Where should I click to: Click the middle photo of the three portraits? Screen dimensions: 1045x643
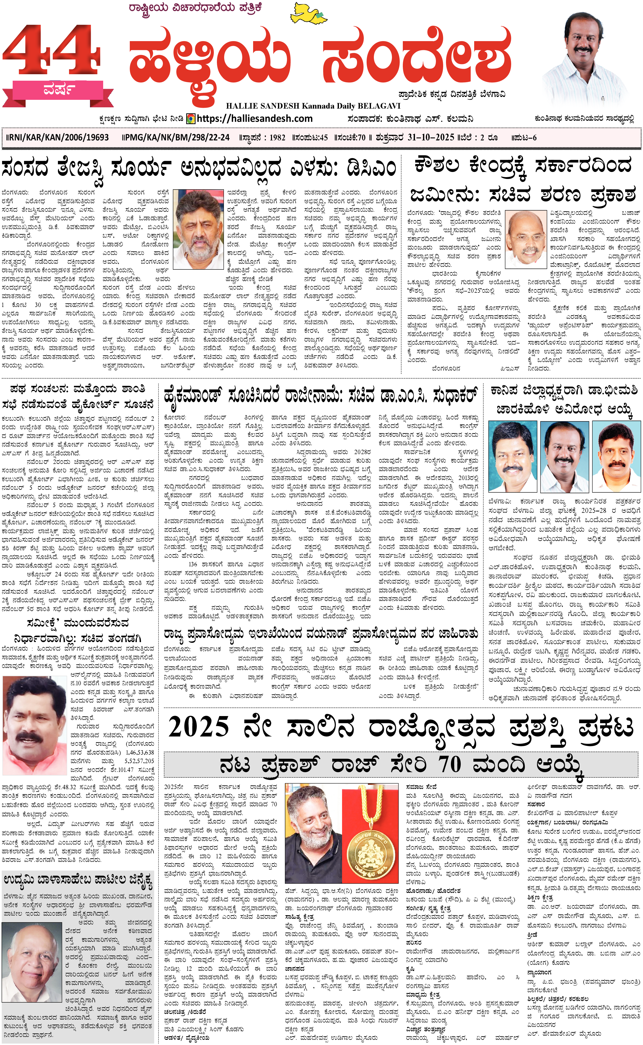pyautogui.click(x=564, y=456)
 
